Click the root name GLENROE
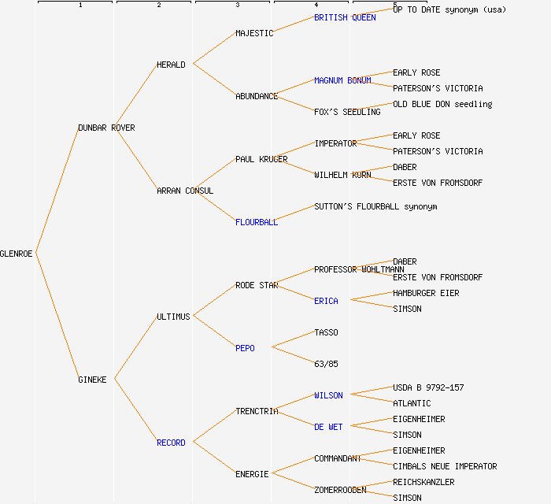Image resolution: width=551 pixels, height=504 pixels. [17, 254]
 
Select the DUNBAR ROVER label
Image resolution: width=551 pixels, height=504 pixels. [106, 128]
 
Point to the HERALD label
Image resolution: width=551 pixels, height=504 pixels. [171, 65]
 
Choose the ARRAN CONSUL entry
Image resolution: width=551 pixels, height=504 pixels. [185, 191]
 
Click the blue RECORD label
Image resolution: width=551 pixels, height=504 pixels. [171, 443]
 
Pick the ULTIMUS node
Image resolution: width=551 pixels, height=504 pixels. [173, 317]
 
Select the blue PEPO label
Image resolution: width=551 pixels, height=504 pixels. [245, 348]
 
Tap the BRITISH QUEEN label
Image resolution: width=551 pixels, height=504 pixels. [345, 17]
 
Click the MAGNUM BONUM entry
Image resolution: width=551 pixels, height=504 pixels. [342, 80]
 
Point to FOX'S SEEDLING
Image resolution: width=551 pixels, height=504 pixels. [347, 112]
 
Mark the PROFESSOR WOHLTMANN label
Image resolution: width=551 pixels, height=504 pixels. [359, 269]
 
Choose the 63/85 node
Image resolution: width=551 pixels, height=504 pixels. [326, 364]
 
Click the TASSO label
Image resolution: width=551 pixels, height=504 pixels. [326, 332]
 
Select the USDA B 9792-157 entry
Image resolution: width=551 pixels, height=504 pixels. [428, 387]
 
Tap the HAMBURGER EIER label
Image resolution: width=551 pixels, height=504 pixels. [426, 293]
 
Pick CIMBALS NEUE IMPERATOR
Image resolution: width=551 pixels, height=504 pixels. [445, 466]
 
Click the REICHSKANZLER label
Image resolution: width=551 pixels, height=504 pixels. [423, 482]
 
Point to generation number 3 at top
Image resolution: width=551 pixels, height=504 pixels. [237, 6]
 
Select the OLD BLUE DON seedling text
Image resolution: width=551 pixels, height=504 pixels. [442, 104]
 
